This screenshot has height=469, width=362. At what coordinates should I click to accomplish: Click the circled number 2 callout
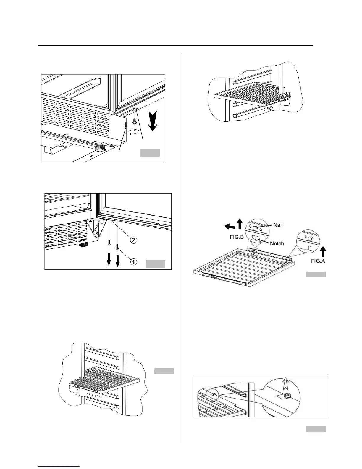(x=134, y=240)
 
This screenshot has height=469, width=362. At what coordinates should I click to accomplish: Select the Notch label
(x=277, y=243)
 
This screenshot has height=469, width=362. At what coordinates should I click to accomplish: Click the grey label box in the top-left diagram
(x=150, y=153)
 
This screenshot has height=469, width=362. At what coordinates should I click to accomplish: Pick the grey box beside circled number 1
(x=156, y=264)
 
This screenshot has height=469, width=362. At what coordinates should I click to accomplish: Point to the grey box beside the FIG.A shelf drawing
(x=316, y=274)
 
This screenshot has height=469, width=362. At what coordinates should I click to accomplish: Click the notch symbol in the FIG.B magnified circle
(x=256, y=238)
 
